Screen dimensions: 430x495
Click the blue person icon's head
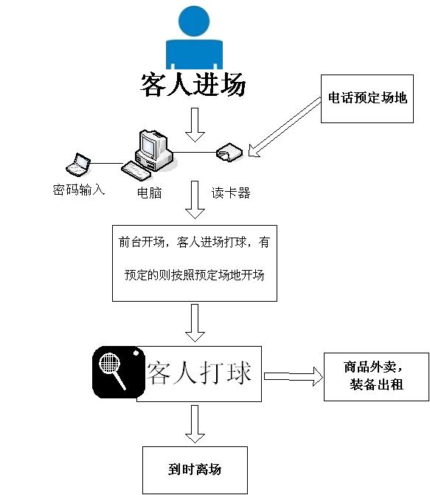(194, 21)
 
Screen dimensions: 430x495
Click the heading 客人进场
(193, 84)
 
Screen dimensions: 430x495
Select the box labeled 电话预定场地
(367, 99)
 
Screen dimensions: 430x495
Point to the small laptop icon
(78, 165)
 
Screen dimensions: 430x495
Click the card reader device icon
(229, 152)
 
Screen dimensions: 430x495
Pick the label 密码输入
(79, 190)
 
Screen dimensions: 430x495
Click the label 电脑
(149, 193)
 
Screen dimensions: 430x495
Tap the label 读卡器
(231, 193)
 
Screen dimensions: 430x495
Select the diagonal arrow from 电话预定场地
(285, 127)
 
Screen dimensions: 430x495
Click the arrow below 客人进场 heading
(195, 125)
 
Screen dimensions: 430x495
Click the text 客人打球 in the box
(199, 373)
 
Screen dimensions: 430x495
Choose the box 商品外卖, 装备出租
(376, 377)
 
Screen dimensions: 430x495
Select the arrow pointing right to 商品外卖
(294, 376)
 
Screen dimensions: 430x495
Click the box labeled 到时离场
(195, 470)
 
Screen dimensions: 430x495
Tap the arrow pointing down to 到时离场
(195, 424)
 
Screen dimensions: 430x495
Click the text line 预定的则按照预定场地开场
(195, 275)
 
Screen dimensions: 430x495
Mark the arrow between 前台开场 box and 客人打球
(195, 323)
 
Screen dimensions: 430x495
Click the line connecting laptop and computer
(106, 164)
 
